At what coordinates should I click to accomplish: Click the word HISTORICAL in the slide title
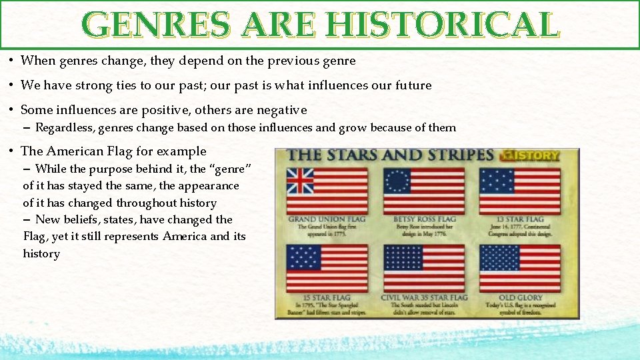coord(442,25)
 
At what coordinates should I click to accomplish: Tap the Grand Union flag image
coord(327,191)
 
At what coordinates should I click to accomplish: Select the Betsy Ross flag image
coord(424,191)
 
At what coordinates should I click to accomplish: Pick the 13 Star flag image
coord(520,191)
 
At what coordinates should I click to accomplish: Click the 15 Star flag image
coord(327,268)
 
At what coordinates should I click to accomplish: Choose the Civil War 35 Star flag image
coord(424,268)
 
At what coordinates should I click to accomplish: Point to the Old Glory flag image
coord(520,268)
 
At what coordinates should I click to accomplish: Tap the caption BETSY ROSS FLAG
coord(424,219)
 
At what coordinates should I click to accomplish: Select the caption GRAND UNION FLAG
coord(327,219)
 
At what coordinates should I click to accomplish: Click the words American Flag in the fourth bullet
coord(90,151)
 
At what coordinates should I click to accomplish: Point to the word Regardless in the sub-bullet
coord(65,127)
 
